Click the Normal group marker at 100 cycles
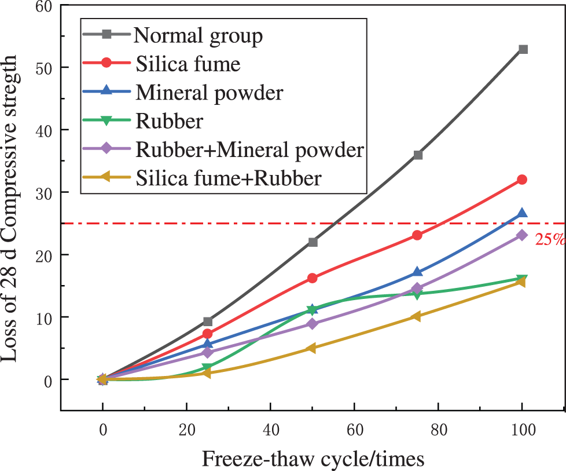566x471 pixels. click(523, 49)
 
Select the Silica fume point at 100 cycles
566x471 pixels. click(522, 180)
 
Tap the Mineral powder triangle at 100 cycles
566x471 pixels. click(522, 213)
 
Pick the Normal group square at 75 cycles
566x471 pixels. click(418, 155)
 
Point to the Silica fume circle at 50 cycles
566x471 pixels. click(313, 278)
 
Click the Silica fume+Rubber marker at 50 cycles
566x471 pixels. click(312, 348)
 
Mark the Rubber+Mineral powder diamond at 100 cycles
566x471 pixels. click(522, 235)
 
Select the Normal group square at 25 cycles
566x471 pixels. click(208, 322)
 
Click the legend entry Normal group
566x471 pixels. click(199, 36)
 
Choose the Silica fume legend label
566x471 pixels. click(188, 64)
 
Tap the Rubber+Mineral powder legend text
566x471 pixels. click(249, 150)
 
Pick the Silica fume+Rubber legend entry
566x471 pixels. click(228, 178)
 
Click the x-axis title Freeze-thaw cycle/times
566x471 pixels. click(313, 458)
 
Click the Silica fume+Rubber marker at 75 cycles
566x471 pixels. click(417, 317)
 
